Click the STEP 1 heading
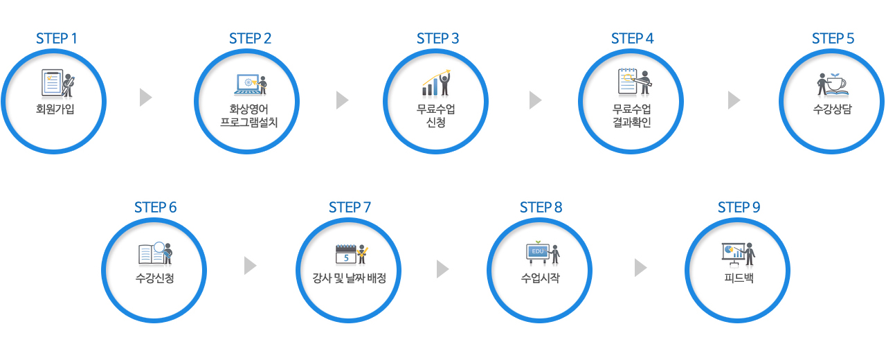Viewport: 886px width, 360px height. point(57,38)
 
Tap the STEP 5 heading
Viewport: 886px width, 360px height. point(833,38)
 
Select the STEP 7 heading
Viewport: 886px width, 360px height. point(350,207)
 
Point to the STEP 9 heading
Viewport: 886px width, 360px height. point(739,207)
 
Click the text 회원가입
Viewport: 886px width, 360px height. point(55,109)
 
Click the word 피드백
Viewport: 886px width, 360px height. point(738,278)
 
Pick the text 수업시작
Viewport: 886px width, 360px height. point(540,278)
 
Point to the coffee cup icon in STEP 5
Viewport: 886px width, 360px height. point(833,83)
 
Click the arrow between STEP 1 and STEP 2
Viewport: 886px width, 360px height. point(145,98)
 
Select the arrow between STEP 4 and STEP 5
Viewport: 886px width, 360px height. point(734,100)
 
